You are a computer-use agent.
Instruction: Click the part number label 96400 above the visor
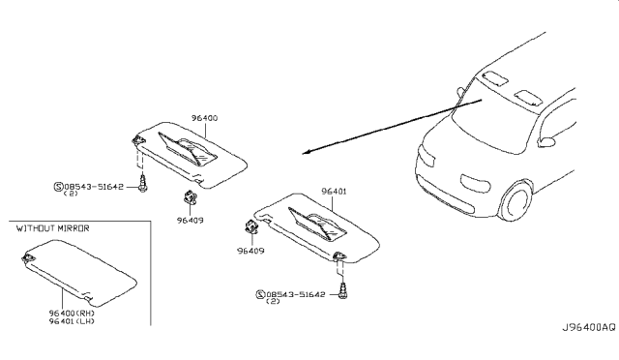[x=204, y=118]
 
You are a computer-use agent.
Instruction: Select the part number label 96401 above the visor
[x=334, y=192]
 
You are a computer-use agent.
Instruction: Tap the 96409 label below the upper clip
[x=190, y=220]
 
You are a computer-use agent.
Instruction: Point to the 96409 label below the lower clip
[x=251, y=251]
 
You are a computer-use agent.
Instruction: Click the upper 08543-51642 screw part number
[x=94, y=186]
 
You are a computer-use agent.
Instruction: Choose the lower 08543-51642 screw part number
[x=296, y=294]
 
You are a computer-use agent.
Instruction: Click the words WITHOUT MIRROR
[x=52, y=228]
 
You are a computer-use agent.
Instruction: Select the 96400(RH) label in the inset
[x=72, y=313]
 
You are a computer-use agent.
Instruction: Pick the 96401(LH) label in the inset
[x=72, y=321]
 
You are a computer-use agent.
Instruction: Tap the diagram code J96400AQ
[x=589, y=327]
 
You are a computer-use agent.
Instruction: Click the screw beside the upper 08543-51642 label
[x=142, y=184]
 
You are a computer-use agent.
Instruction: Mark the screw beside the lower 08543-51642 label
[x=343, y=291]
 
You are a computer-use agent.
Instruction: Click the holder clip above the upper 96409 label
[x=190, y=196]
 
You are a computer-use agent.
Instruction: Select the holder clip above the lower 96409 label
[x=251, y=226]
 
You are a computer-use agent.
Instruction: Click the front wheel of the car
[x=516, y=200]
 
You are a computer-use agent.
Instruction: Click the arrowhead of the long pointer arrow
[x=306, y=153]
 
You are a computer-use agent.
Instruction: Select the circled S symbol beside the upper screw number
[x=58, y=186]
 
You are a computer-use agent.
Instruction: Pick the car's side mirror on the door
[x=545, y=141]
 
